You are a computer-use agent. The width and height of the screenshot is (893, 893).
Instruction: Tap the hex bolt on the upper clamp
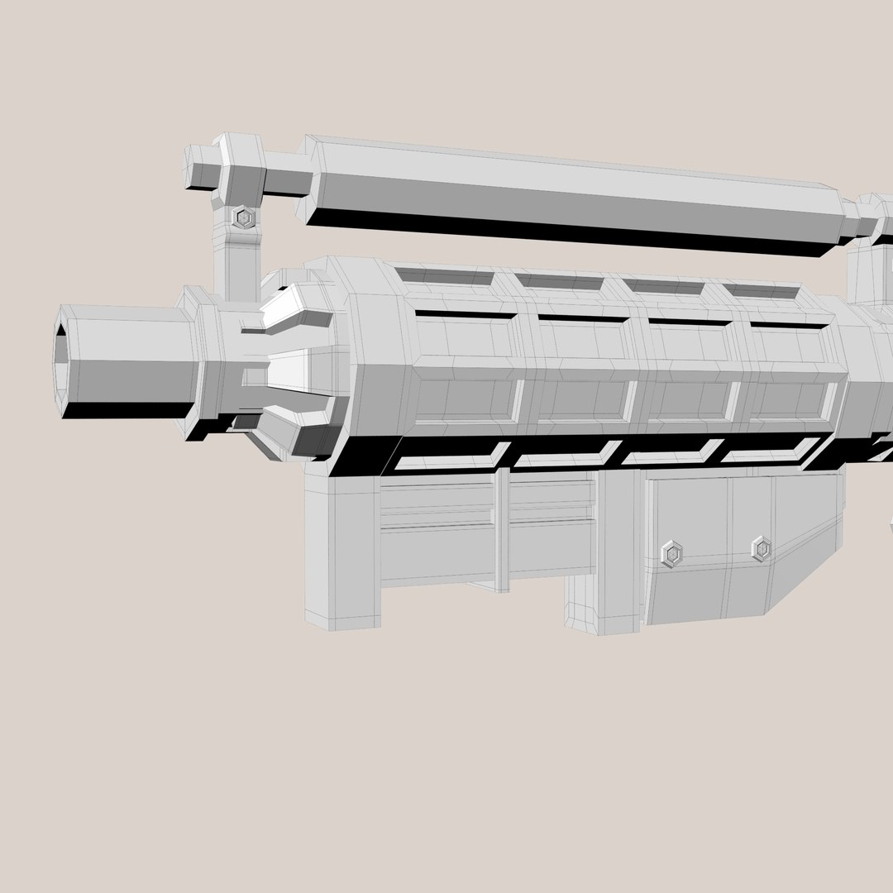click(244, 218)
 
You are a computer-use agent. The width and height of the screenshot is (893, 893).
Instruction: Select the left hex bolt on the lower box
click(673, 553)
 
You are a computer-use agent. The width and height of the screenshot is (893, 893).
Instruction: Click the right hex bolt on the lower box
click(761, 548)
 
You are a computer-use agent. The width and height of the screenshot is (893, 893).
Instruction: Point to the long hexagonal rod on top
click(571, 194)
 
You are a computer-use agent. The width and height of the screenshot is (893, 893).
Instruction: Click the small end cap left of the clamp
click(198, 169)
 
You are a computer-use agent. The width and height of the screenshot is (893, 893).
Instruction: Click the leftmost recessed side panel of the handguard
click(467, 401)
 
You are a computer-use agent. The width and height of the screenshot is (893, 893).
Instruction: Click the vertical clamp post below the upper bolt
click(237, 265)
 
